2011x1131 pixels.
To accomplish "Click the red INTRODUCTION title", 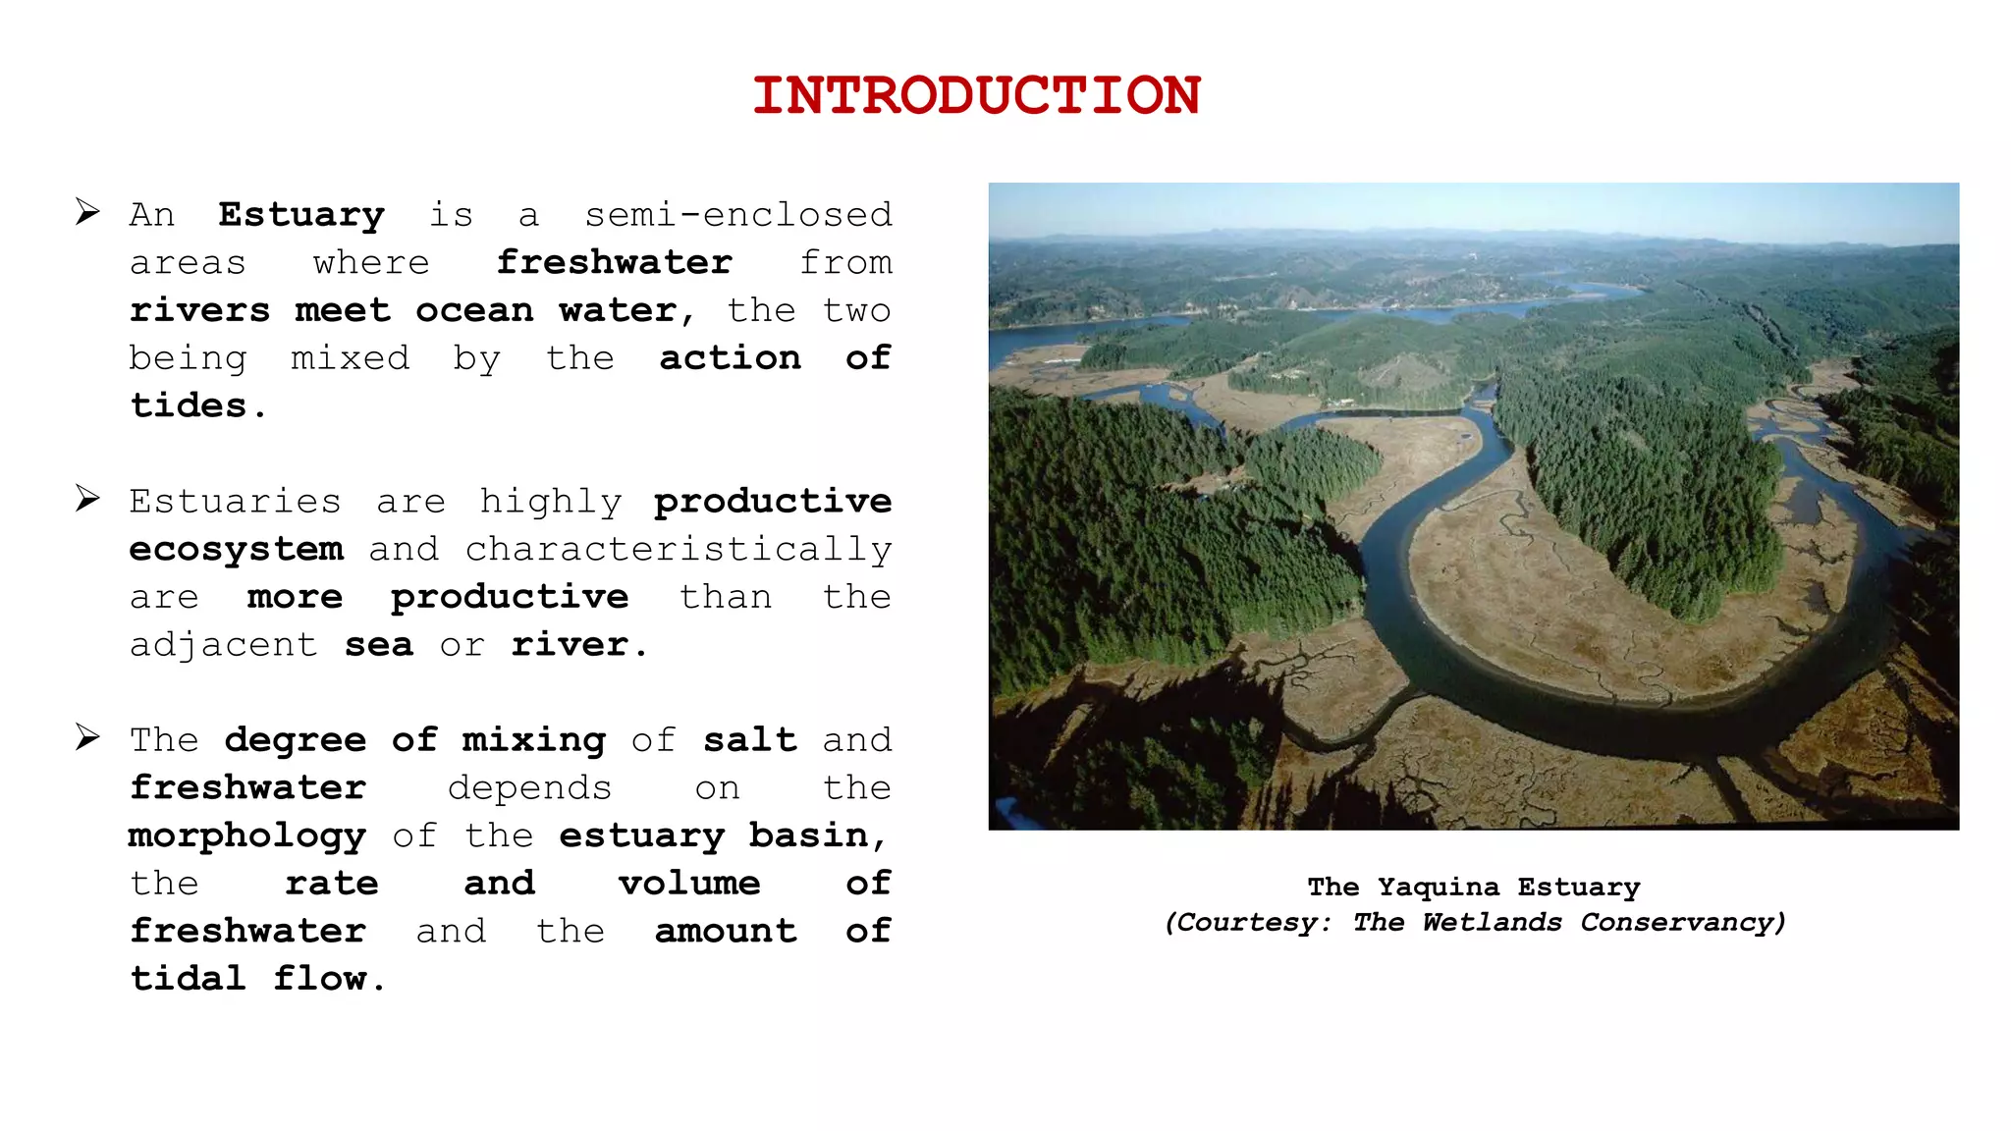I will pos(976,96).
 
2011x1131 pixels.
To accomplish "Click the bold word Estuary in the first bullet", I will pos(301,215).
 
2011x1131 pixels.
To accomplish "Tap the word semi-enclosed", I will pos(738,215).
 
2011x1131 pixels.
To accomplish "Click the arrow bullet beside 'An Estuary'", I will pos(88,212).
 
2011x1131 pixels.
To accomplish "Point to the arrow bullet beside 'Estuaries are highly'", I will pos(88,499).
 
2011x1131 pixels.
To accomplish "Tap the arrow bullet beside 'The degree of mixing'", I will pos(88,737).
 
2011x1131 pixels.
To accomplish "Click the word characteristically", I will pos(679,550).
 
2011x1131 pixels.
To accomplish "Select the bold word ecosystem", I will pos(237,550).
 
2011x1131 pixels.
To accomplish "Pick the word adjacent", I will pos(224,646).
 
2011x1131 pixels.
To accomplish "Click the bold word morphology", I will pos(247,836).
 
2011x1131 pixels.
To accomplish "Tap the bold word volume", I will pos(689,884).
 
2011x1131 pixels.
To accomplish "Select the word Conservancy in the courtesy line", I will pos(1682,923).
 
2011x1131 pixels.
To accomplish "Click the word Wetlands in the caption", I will pos(1492,923).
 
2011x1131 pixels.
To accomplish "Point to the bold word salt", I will pos(750,740).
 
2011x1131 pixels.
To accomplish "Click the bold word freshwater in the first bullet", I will pos(615,263).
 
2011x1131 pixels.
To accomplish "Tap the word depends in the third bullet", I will pos(529,788).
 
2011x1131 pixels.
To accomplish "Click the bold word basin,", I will pos(818,835).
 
